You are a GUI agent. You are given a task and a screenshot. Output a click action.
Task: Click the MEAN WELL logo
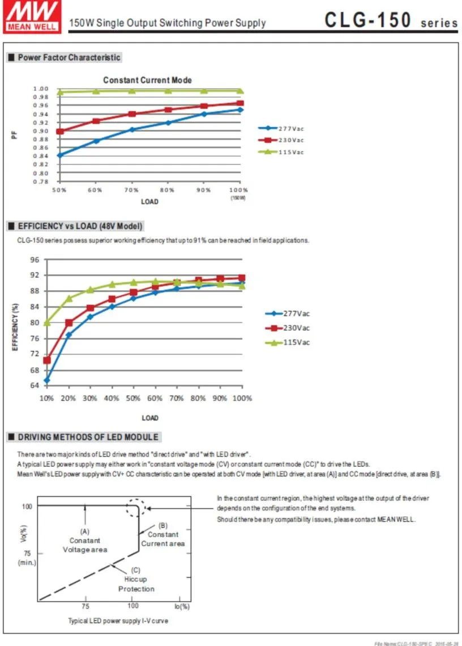[32, 16]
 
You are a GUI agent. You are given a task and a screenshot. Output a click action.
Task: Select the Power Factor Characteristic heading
[69, 57]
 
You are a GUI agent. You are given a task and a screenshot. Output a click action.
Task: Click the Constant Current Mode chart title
[147, 80]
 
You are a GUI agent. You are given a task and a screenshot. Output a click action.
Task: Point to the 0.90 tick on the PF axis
[41, 131]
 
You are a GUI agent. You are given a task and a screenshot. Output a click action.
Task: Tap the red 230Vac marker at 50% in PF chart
[59, 131]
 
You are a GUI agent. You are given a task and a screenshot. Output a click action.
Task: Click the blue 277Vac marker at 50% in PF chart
[59, 155]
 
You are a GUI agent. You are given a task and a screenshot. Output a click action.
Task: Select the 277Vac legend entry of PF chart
[281, 129]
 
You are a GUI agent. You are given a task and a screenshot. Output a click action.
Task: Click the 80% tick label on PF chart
[167, 190]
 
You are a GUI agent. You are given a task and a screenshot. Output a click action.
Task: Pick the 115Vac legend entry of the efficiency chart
[288, 342]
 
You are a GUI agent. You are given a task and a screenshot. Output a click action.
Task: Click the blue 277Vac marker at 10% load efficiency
[47, 381]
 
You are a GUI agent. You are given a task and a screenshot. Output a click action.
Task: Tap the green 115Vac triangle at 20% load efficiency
[69, 298]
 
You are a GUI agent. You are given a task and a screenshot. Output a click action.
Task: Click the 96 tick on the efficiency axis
[35, 260]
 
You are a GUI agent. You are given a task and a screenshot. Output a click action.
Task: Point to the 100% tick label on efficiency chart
[242, 398]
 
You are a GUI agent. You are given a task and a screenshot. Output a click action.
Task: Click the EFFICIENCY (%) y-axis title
[15, 327]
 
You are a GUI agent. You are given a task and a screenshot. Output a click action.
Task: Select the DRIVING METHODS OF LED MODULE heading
[88, 437]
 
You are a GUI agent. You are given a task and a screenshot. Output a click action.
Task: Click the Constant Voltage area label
[85, 545]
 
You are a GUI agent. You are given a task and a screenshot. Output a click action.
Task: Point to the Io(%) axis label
[182, 606]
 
